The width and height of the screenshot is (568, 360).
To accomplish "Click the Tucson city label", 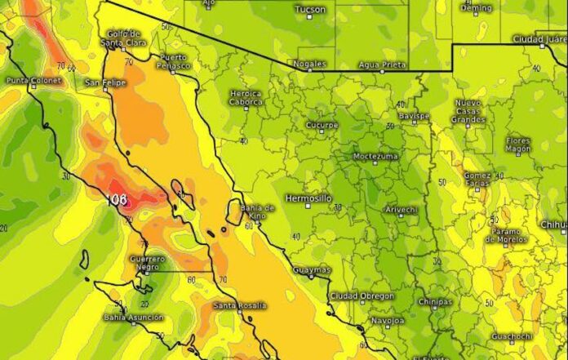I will point(309,10).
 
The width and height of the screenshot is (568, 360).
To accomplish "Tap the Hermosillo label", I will point(308,198).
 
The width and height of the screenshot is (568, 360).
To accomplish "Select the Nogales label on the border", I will point(313,64).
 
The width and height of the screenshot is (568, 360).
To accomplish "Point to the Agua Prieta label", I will point(379,64).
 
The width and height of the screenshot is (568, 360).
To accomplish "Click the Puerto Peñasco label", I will point(175,61).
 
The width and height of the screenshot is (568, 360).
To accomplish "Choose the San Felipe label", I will point(104,82).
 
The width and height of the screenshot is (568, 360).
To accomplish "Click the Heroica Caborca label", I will point(246,97).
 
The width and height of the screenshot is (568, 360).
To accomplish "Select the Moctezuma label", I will point(375,156).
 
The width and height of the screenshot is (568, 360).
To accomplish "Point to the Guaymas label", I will point(311,269).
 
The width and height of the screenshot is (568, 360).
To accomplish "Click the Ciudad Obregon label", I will point(362,296).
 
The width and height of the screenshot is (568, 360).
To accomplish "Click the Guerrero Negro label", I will point(147,264).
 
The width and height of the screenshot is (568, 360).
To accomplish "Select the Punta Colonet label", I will point(29,81).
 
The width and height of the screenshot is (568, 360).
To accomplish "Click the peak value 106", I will point(118,198).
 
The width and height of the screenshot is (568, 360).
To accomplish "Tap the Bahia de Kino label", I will point(258,211).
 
